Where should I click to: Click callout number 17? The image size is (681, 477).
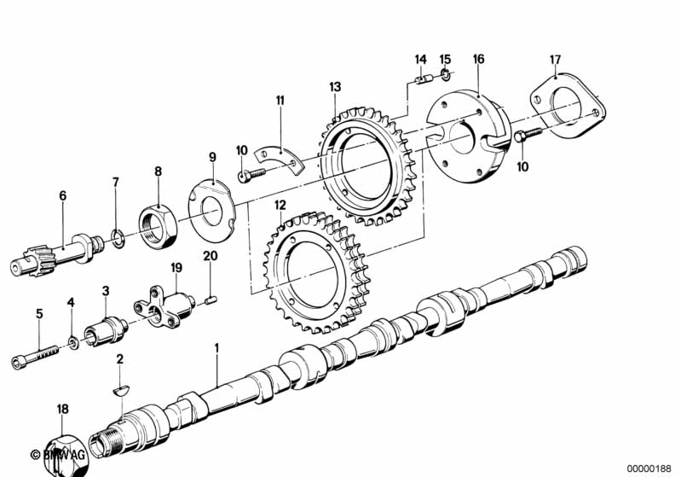coord(555,59)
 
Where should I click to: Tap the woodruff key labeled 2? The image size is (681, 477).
coord(119,389)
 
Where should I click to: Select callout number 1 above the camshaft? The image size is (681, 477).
coord(216,348)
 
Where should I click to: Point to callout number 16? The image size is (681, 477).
coord(478,59)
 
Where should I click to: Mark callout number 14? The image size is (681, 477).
coord(420,59)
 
